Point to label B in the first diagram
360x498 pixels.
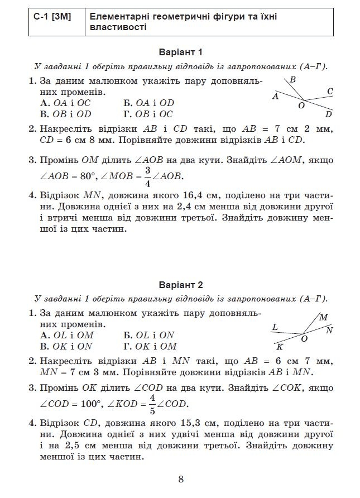[292, 80]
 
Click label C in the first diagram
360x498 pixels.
[330, 91]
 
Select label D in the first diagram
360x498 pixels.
[329, 114]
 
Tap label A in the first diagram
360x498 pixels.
[275, 96]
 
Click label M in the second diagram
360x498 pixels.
[324, 317]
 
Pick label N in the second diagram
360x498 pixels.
[329, 330]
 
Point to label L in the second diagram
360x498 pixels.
[275, 327]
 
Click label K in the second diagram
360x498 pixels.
[280, 347]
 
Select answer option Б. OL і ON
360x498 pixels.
[148, 335]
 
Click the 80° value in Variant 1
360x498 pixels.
[85, 176]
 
